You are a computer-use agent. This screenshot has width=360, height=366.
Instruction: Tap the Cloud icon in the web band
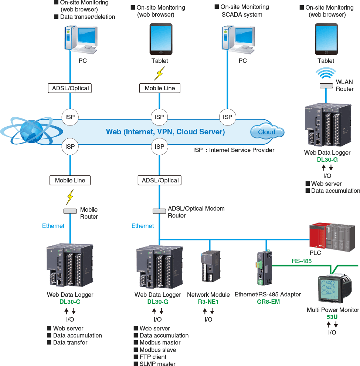[267, 132]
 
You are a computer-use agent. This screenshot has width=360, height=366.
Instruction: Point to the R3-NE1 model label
[208, 302]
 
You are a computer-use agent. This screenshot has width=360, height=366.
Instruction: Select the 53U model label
[332, 317]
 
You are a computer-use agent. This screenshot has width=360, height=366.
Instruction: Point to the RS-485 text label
[301, 261]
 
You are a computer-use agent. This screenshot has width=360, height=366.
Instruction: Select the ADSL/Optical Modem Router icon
[159, 211]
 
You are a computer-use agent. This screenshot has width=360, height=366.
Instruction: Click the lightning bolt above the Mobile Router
[69, 197]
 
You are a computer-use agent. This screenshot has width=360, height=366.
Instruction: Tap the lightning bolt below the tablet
[159, 73]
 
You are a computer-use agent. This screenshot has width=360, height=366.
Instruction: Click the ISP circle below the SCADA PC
[227, 117]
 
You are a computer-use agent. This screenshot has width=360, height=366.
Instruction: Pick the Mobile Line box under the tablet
[160, 88]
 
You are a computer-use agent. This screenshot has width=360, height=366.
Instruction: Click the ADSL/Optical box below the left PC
[69, 88]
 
